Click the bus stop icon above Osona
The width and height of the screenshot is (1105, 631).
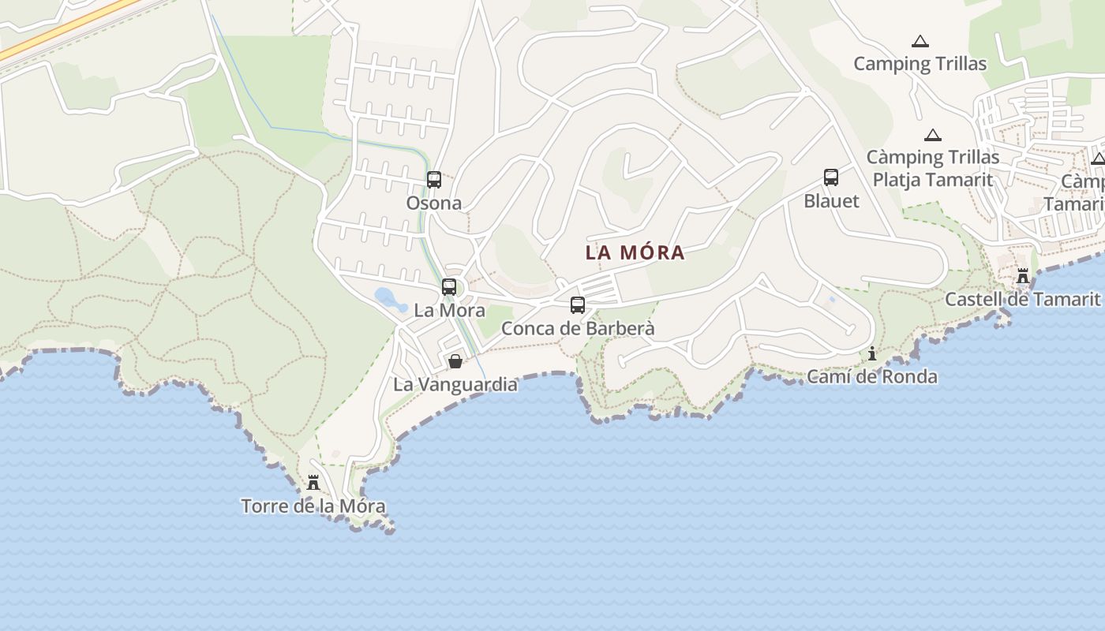434,180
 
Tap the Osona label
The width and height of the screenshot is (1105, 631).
433,203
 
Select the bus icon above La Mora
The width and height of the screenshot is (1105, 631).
449,287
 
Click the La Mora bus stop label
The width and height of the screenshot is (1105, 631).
449,310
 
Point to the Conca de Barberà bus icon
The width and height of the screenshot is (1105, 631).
578,305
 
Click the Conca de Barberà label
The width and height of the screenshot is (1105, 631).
578,328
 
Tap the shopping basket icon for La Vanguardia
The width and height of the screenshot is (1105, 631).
455,362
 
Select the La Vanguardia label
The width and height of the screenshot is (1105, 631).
455,385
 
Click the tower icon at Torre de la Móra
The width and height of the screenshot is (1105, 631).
313,483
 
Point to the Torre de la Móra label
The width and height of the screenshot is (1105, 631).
313,506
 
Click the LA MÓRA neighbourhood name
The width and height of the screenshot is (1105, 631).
635,253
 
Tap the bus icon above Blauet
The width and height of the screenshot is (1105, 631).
831,177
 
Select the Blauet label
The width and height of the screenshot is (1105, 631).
831,201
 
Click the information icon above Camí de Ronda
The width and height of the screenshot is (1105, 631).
872,353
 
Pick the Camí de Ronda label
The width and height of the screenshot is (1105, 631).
872,377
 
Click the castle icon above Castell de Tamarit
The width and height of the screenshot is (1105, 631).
1023,276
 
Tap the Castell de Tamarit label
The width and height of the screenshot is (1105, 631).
1022,300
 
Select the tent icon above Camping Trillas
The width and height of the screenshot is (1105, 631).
920,41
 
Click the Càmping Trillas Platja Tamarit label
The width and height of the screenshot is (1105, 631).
933,169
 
